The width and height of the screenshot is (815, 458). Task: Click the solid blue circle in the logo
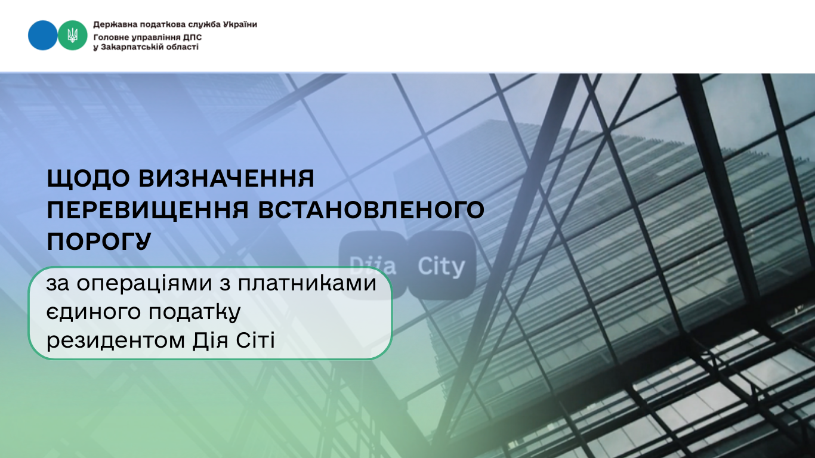[x=43, y=35]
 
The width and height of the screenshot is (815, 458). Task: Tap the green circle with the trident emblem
[x=73, y=35]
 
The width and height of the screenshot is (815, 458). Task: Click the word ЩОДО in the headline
[x=88, y=179]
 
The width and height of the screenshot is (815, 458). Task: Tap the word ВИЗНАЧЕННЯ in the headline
[x=226, y=178]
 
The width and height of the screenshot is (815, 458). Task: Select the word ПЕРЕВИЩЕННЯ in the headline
[x=148, y=211]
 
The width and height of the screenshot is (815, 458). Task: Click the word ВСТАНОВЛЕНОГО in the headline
[x=371, y=210]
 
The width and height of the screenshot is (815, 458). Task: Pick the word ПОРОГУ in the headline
[x=99, y=241]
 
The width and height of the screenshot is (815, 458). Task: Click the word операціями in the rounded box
[x=144, y=284]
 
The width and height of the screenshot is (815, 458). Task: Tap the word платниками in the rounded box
[x=307, y=284]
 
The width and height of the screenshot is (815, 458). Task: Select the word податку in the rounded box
[x=195, y=312]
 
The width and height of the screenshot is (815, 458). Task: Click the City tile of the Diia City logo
[x=442, y=265]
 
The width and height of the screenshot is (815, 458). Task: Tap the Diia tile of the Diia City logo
[x=372, y=265]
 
